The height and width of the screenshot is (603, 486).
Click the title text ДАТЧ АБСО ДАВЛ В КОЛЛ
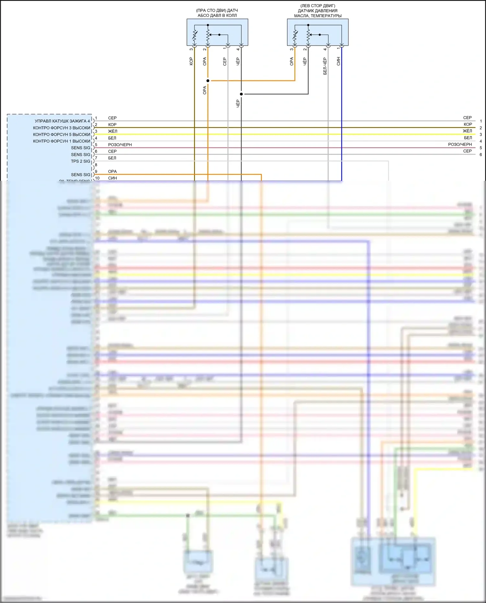[217, 13]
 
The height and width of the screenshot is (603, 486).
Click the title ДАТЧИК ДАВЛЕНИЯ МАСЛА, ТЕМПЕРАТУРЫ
[318, 13]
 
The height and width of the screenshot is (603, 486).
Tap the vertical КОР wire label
[191, 61]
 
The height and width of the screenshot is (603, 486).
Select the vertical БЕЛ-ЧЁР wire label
[325, 66]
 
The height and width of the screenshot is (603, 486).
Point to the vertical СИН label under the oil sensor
[338, 61]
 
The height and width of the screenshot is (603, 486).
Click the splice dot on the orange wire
[208, 81]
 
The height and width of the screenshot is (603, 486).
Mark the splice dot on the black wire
[241, 94]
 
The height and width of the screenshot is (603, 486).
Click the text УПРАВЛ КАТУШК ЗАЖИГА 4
[62, 121]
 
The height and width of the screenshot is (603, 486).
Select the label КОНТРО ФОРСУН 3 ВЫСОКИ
[62, 128]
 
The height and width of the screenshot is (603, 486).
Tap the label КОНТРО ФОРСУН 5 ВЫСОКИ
[62, 134]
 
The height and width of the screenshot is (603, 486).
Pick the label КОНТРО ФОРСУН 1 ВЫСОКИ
[62, 141]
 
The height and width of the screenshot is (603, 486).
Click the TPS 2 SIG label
[81, 161]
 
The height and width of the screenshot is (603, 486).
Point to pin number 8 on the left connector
[96, 165]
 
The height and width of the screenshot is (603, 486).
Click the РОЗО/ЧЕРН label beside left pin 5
[120, 145]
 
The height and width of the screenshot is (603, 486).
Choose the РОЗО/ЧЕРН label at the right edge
[460, 145]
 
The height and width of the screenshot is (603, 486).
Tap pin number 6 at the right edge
[481, 155]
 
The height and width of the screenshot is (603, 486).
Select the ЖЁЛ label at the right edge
[467, 131]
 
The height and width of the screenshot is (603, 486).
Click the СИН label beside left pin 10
[112, 178]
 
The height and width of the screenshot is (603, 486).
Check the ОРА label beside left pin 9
[112, 171]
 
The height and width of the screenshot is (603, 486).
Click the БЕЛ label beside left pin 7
[112, 158]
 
